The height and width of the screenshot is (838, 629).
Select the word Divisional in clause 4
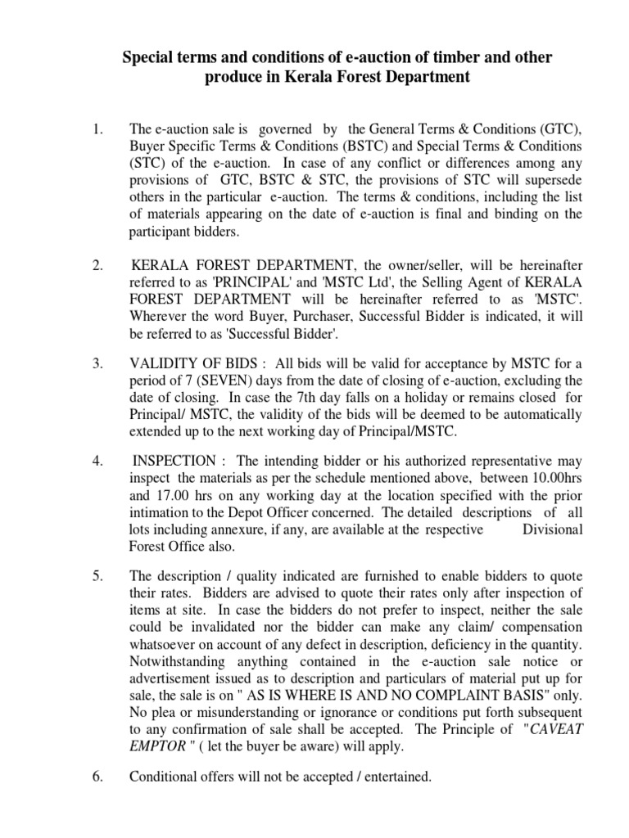pos(552,529)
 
